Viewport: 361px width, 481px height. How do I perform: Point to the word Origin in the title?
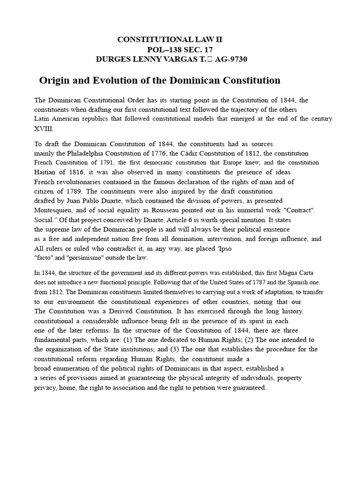coord(55,80)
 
